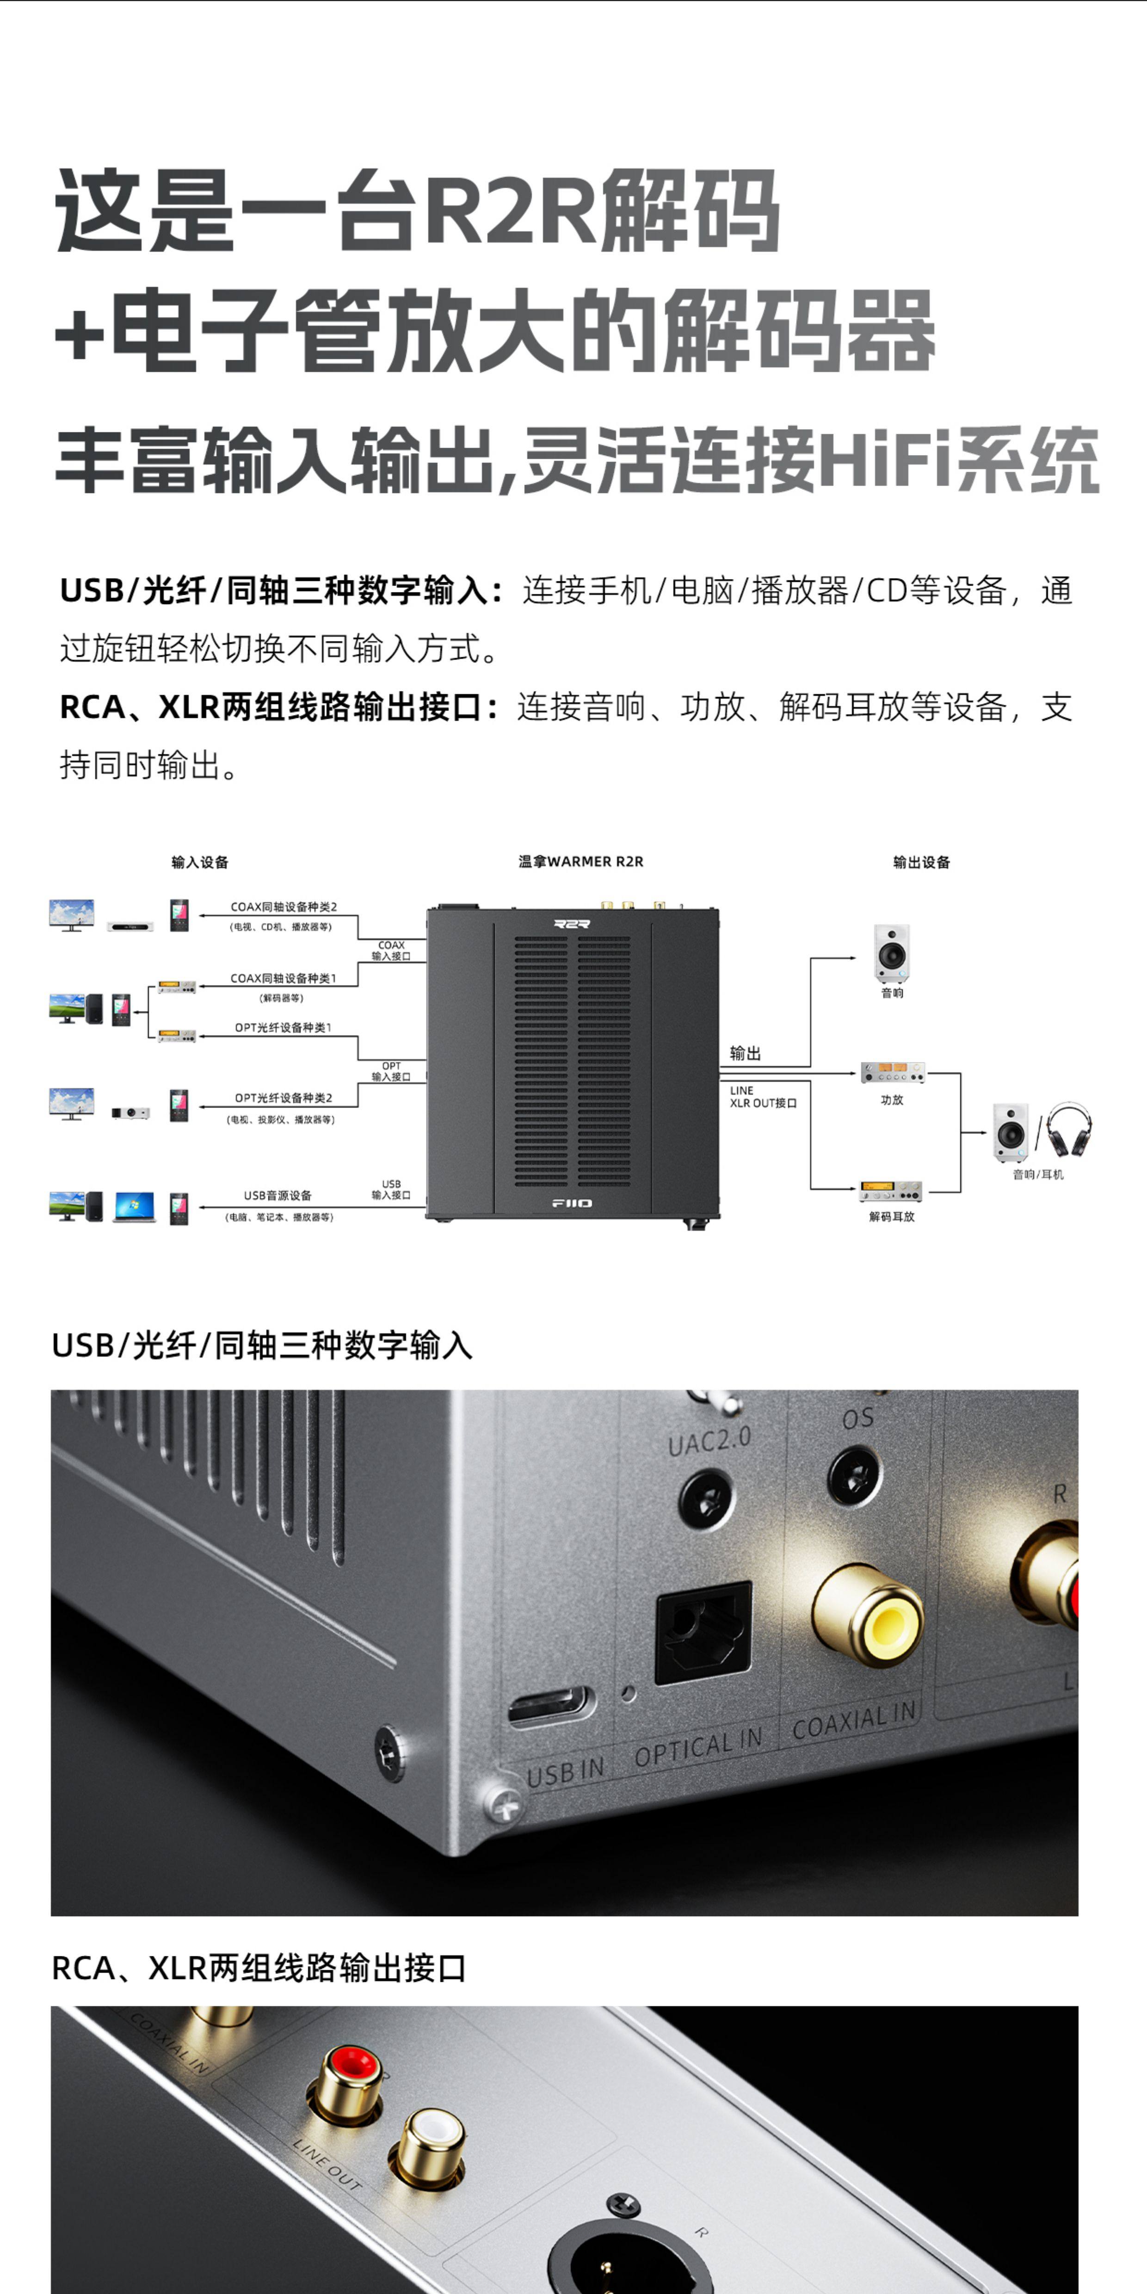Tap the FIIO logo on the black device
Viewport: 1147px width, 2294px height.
571,1203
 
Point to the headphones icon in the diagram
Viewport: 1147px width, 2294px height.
1069,1131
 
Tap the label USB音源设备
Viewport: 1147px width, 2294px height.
278,1195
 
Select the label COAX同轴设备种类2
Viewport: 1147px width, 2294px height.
283,906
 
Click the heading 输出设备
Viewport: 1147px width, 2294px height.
922,862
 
